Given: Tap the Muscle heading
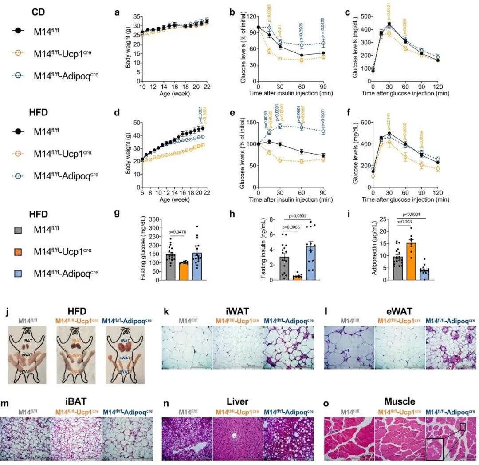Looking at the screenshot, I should click(x=400, y=401).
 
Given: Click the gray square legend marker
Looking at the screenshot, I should click(x=17, y=229).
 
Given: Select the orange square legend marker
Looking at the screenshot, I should click(x=17, y=251).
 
